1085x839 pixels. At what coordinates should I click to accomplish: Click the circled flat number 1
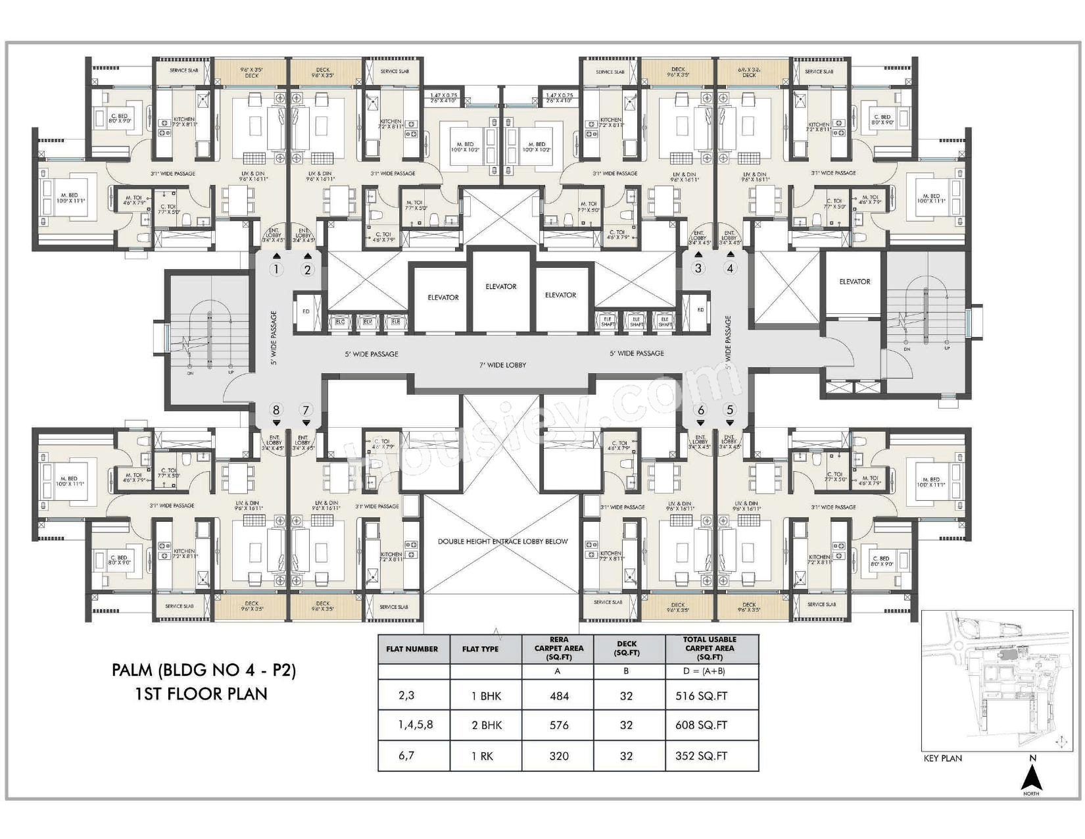[x=276, y=269]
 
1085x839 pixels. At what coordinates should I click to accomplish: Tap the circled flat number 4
[x=729, y=268]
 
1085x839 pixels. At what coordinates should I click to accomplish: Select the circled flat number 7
[x=306, y=410]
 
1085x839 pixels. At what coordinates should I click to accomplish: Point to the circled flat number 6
[x=700, y=410]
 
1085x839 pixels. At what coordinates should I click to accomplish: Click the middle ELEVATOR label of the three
[x=501, y=286]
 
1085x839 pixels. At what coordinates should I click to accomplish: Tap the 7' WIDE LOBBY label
[x=503, y=365]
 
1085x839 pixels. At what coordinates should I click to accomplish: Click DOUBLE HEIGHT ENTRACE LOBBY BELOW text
[x=502, y=542]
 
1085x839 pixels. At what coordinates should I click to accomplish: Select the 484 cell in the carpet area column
[x=559, y=696]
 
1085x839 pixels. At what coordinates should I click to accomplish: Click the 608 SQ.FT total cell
[x=701, y=725]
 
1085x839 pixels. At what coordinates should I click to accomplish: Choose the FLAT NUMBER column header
[x=412, y=649]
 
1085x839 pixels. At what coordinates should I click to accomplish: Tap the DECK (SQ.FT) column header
[x=626, y=648]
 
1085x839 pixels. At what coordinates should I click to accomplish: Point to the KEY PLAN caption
[x=942, y=758]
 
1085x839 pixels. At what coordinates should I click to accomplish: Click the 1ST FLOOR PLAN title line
[x=201, y=694]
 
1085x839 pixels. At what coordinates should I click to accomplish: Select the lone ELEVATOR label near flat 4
[x=854, y=282]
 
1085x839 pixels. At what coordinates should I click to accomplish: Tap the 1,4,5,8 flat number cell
[x=415, y=725]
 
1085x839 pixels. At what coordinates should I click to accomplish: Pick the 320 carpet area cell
[x=559, y=756]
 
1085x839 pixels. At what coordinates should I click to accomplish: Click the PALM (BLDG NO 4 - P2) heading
[x=204, y=671]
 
